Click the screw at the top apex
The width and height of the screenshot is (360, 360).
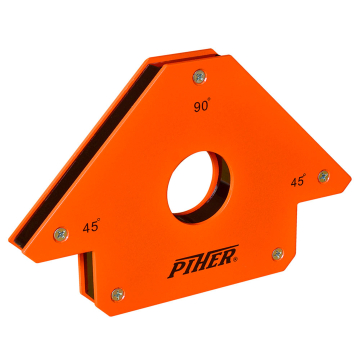click(x=198, y=72)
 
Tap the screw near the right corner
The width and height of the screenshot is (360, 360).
click(x=322, y=176)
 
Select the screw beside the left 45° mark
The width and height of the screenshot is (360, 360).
click(x=59, y=234)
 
